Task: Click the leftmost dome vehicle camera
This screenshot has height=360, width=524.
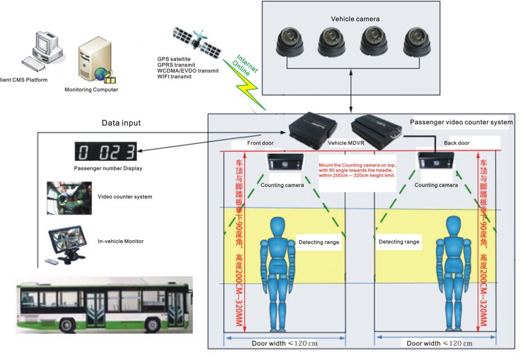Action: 290,42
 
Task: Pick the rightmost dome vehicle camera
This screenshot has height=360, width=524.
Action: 416,42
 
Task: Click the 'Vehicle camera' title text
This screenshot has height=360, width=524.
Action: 355,19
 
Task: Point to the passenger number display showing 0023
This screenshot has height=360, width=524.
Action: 107,152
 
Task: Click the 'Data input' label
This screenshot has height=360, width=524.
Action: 121,123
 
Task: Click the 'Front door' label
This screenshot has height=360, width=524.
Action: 261,143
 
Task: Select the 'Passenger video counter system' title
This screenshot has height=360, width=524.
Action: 461,122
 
